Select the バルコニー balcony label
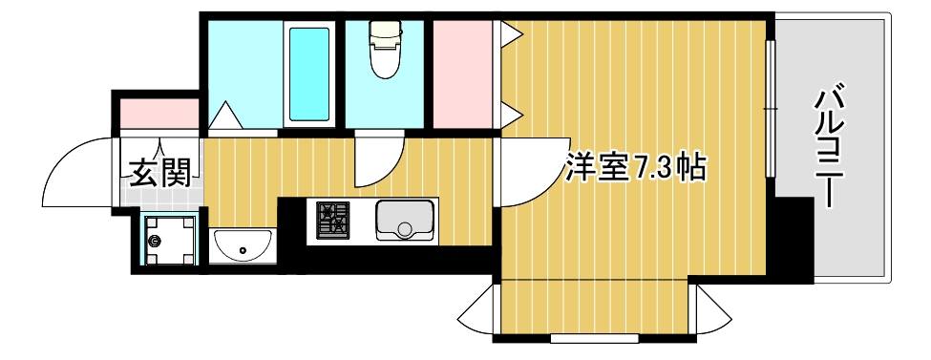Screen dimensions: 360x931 click(x=831, y=148)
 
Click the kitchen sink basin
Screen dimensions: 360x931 click(x=406, y=222)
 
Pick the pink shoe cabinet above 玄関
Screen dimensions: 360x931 click(x=159, y=113)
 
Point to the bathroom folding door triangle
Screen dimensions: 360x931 click(x=226, y=116)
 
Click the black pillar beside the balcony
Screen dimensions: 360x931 click(x=793, y=239)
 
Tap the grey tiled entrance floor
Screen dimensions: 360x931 click(x=159, y=196)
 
